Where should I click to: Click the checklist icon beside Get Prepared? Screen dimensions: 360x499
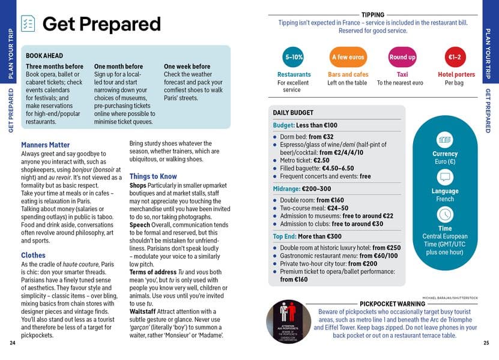[x=28, y=23]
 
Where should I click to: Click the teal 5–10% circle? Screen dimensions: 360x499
[x=294, y=57]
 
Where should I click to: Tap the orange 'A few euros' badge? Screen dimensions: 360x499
[x=348, y=57]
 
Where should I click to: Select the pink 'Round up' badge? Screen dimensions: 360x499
[x=402, y=57]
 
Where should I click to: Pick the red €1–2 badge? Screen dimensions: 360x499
[x=455, y=57]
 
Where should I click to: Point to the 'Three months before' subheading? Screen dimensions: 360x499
[x=55, y=67]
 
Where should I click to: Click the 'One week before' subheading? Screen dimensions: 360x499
[x=187, y=67]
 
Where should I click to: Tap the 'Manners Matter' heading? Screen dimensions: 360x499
[x=45, y=145]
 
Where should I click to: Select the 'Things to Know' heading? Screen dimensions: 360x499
[x=153, y=176]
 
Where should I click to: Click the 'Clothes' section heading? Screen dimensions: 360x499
[x=33, y=255]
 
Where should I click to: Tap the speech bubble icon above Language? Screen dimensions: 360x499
[x=445, y=177]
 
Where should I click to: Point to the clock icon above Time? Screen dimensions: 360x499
[x=445, y=214]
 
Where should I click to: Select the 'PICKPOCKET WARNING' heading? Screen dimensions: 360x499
[x=392, y=304]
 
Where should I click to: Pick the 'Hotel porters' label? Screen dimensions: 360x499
[x=456, y=74]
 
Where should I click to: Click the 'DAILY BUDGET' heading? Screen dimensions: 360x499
[x=293, y=113]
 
